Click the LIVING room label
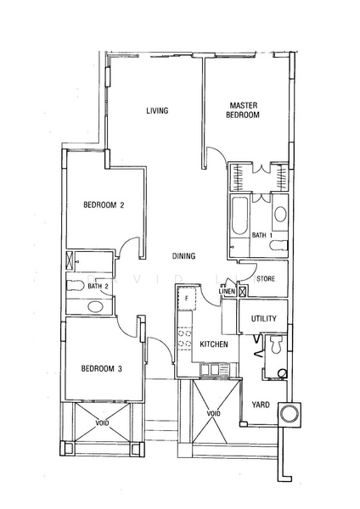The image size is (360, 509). click(157, 110)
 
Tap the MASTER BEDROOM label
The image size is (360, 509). click(243, 110)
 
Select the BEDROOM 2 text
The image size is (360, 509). click(104, 204)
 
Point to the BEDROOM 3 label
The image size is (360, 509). click(102, 368)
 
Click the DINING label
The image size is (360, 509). click(183, 256)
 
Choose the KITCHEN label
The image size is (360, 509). click(214, 344)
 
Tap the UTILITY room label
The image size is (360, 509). click(264, 318)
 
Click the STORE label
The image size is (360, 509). click(266, 278)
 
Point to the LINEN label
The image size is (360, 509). click(227, 291)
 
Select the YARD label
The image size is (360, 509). click(261, 405)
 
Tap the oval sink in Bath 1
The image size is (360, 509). click(280, 215)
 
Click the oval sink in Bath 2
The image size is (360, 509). click(94, 306)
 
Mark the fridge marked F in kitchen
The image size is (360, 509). click(187, 299)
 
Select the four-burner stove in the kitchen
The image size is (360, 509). click(184, 338)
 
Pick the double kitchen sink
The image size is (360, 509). click(211, 369)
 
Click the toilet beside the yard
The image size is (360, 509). click(276, 344)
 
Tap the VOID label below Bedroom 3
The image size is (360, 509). click(102, 423)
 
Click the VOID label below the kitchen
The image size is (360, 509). click(213, 414)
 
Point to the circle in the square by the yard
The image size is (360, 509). click(290, 414)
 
